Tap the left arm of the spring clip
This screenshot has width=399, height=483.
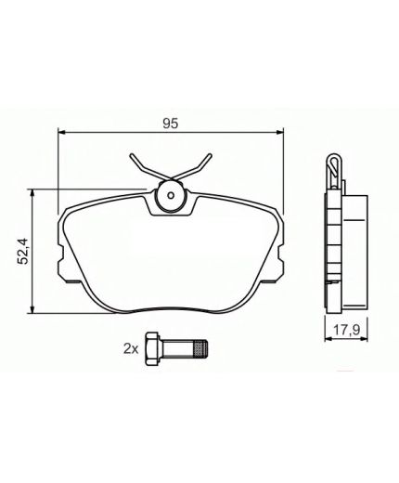pos(139,168)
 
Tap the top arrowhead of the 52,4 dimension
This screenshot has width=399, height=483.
pos(34,193)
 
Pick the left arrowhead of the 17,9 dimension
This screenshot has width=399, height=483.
pos(325,338)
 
